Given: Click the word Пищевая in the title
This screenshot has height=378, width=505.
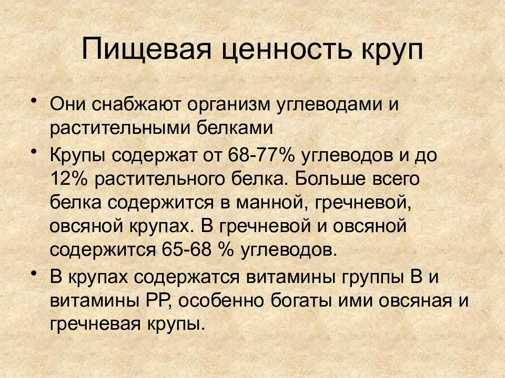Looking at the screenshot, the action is (146, 49).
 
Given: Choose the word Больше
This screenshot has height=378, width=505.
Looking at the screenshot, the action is (330, 179).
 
